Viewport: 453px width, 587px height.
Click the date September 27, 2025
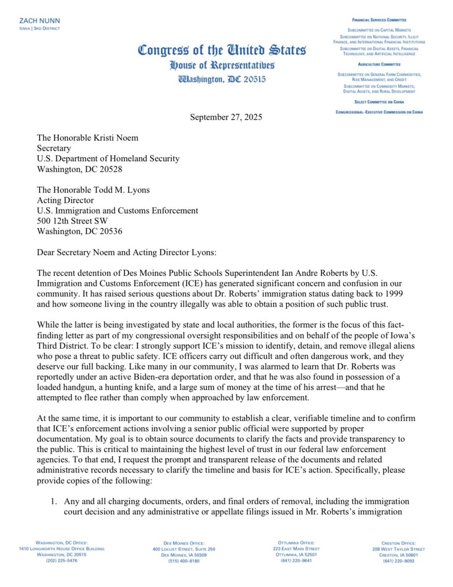coord(226,118)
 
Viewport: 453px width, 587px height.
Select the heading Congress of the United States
coord(222,50)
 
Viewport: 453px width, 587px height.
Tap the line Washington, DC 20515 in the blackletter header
coord(222,79)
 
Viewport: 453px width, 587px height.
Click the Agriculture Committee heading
coord(380,64)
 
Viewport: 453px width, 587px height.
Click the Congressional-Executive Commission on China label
coord(380,112)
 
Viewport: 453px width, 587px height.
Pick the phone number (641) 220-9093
coord(398,561)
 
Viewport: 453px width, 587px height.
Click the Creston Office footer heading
coord(398,543)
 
